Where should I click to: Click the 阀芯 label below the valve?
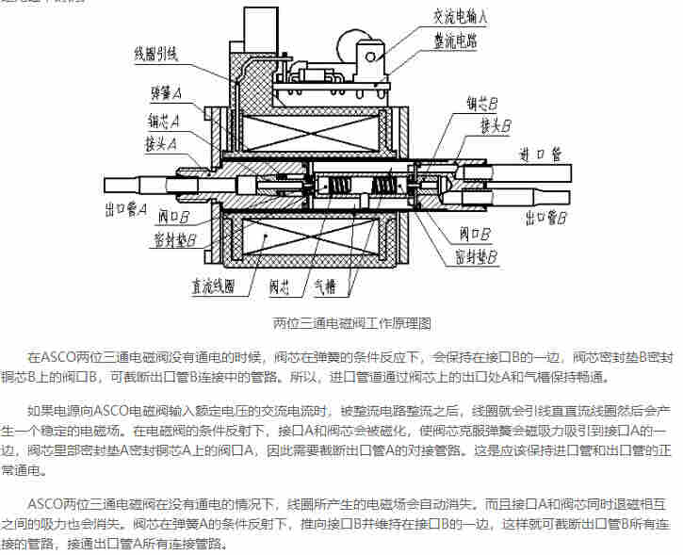pyautogui.click(x=281, y=286)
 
